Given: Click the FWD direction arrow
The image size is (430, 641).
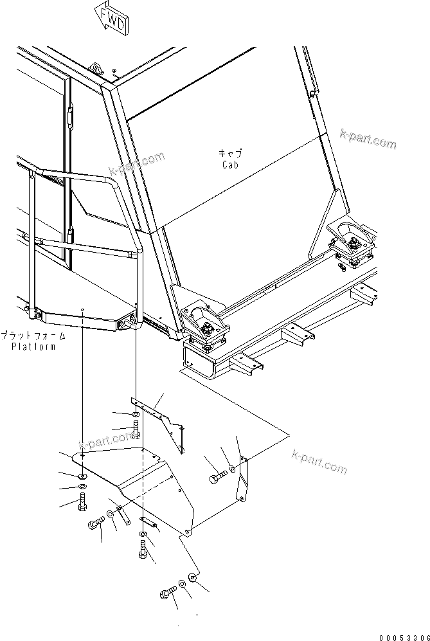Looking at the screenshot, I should [x=111, y=17].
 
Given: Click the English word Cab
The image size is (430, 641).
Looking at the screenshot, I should [x=230, y=165].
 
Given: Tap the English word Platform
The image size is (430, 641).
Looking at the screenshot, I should [x=33, y=347].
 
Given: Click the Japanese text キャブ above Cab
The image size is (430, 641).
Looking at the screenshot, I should [x=230, y=154].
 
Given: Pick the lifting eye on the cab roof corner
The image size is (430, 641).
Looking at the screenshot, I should [x=96, y=69].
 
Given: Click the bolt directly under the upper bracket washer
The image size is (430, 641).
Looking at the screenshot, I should [x=136, y=431].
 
